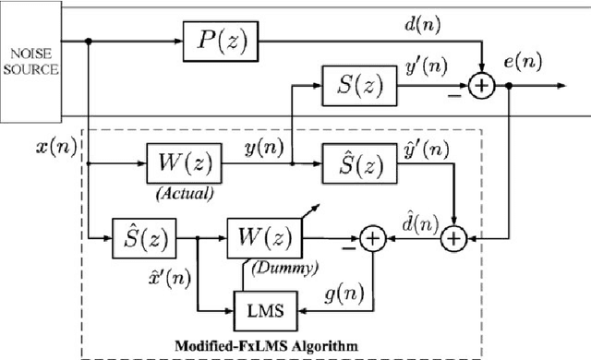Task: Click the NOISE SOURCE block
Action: pos(27,62)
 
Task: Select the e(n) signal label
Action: pos(523,62)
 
